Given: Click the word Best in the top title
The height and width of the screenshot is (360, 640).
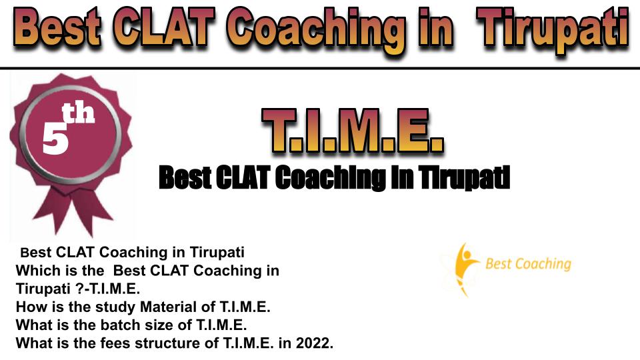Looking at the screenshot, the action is (57, 28).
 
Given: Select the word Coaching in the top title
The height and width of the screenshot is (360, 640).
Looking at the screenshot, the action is (316, 31).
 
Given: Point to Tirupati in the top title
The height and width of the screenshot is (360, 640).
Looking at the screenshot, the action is (553, 31).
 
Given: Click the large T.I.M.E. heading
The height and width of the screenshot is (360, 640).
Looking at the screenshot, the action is (353, 131).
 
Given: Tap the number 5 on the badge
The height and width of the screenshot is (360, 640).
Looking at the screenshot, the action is (55, 139).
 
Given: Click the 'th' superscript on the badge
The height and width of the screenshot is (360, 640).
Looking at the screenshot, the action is (78, 113).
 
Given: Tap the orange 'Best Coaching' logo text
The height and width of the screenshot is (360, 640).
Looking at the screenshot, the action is (528, 264).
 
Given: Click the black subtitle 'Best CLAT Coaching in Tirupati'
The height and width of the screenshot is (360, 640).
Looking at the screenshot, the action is (334, 178).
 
